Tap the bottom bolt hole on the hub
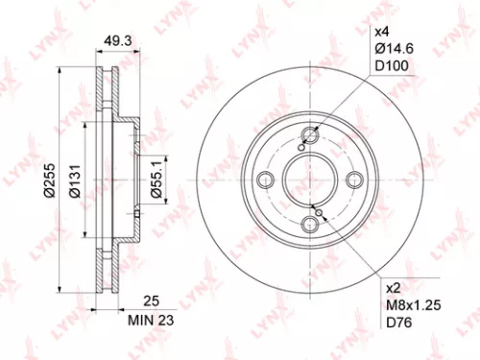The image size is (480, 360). [x=309, y=224]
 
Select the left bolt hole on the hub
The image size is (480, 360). [x=264, y=179]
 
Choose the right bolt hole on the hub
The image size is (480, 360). [x=354, y=179]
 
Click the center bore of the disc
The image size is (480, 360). [x=309, y=179]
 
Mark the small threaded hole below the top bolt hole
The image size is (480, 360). [x=303, y=147]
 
